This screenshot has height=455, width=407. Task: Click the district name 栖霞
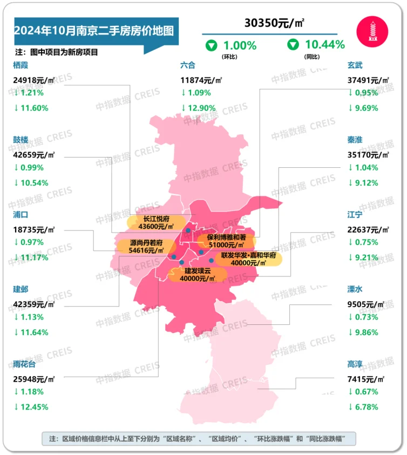[x=22, y=65]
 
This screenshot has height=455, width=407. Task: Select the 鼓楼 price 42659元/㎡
[x=35, y=155]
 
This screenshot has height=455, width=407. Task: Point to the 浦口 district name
[x=22, y=214]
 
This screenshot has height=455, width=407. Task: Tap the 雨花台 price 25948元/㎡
[x=35, y=379]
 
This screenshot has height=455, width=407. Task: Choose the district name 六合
[x=188, y=65]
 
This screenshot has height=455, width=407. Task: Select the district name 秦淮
[x=355, y=140]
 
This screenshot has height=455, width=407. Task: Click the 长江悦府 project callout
[x=154, y=222]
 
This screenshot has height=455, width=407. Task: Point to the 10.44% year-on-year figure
[x=324, y=45]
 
